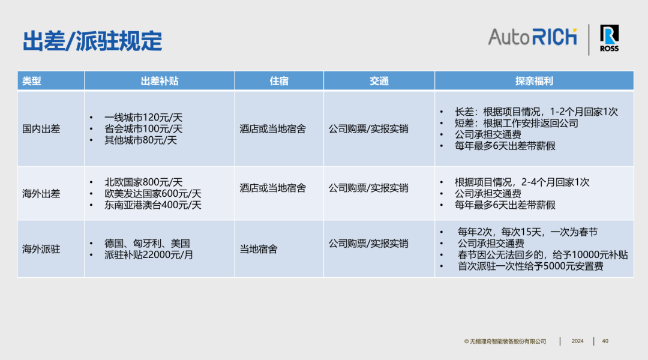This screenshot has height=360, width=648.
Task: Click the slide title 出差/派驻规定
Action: (x=92, y=41)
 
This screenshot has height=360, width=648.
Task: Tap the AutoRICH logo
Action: (x=532, y=37)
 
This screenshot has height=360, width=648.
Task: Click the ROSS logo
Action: (x=609, y=38)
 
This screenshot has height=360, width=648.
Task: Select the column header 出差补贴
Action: (x=160, y=81)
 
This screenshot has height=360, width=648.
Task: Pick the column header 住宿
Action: (x=279, y=81)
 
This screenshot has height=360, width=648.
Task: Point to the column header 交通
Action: (x=379, y=81)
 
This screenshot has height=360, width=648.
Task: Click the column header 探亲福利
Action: (x=534, y=81)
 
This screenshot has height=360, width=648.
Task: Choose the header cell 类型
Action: (x=31, y=81)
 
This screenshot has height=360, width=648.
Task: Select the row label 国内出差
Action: (x=41, y=129)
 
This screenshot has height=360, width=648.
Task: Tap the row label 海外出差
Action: (x=41, y=193)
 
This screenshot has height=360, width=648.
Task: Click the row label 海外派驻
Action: (x=41, y=249)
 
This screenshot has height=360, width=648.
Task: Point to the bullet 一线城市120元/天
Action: (x=143, y=118)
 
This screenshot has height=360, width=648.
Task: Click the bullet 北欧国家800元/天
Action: (x=143, y=182)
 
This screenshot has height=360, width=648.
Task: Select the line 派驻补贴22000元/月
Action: (x=149, y=254)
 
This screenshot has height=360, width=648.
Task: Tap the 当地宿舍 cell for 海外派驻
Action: (x=258, y=249)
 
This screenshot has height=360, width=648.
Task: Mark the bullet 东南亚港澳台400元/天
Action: (x=153, y=205)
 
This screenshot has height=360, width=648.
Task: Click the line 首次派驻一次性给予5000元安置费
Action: (x=530, y=266)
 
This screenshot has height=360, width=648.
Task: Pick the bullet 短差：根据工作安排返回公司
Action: (x=516, y=123)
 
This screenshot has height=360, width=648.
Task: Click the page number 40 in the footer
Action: (x=605, y=341)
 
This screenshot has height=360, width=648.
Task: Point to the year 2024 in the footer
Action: (x=577, y=341)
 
